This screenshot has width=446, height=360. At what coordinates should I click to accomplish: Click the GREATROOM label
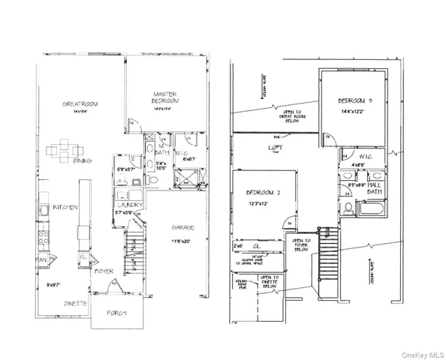pos(80,103)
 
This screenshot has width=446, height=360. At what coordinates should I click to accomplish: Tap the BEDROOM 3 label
pos(352,100)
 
